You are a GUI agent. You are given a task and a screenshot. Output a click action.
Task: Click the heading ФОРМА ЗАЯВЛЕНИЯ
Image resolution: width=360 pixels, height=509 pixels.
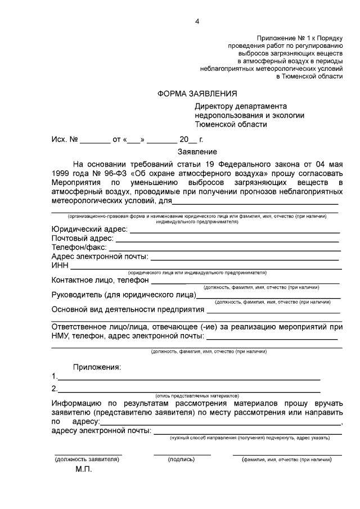pyautogui.click(x=197, y=93)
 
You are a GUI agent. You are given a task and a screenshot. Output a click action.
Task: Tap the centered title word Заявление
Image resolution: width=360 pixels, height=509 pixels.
pyautogui.click(x=197, y=151)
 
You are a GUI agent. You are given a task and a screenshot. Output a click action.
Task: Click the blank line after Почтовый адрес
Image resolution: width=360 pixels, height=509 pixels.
pyautogui.click(x=228, y=240)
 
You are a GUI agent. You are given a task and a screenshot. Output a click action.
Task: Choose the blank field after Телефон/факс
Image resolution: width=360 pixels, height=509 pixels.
pyautogui.click(x=224, y=249)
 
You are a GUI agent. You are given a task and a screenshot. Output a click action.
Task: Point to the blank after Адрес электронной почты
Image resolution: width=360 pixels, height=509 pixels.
pyautogui.click(x=245, y=258)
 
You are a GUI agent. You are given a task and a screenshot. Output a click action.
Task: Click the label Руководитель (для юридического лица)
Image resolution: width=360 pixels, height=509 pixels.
pyautogui.click(x=124, y=294)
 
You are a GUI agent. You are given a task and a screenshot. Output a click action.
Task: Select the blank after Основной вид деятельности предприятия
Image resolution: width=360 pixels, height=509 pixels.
pyautogui.click(x=273, y=310)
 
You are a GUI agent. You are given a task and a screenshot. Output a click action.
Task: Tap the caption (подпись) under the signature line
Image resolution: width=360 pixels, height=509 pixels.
pyautogui.click(x=182, y=460)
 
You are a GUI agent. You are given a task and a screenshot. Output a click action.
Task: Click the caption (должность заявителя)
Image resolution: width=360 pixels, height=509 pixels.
pyautogui.click(x=87, y=460)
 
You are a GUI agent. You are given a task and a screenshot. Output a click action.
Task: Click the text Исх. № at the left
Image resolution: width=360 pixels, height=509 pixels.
pyautogui.click(x=64, y=138)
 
